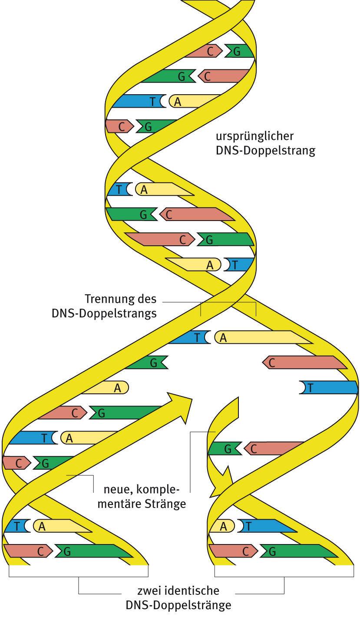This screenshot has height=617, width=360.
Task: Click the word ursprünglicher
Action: point(255,136)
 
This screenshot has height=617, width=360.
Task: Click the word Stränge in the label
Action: point(166,504)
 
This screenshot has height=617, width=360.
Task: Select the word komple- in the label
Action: point(158,490)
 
